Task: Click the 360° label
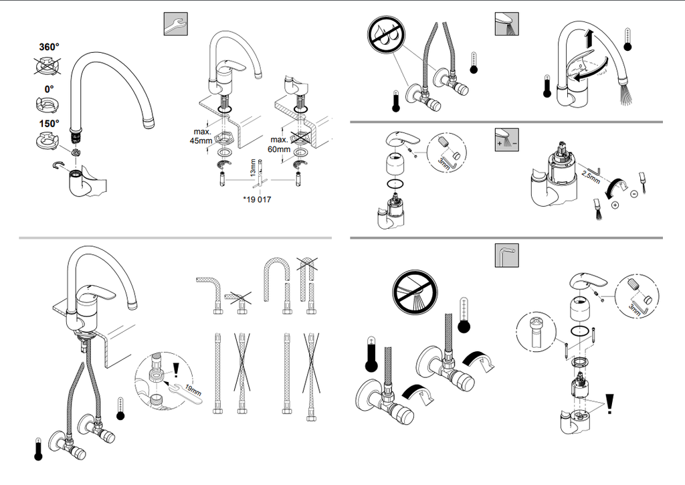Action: pos(48,47)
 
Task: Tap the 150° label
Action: pos(48,123)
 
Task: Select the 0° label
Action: pos(49,88)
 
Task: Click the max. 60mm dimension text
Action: pos(280,144)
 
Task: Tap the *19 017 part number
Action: pos(258,199)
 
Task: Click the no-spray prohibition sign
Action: pos(414,291)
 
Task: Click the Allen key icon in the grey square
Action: pos(507,254)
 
